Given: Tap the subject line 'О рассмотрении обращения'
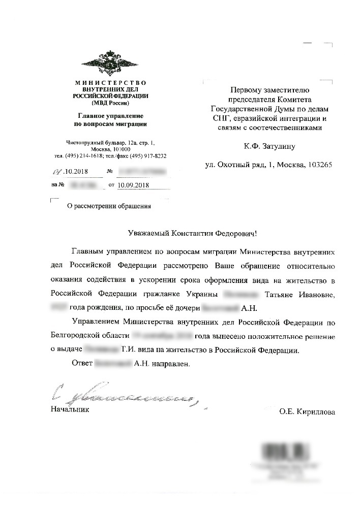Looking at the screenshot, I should (109, 206).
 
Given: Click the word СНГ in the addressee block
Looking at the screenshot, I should (221, 118).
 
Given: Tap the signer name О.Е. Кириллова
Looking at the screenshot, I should (307, 412).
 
